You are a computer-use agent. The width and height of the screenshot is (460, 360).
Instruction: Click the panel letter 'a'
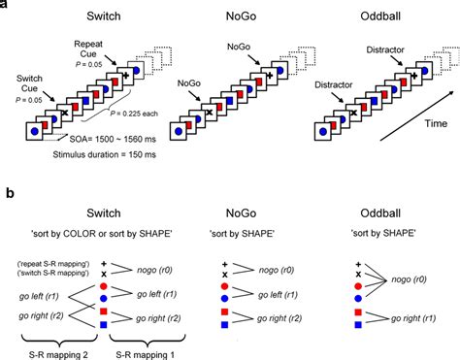coord(5,5)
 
